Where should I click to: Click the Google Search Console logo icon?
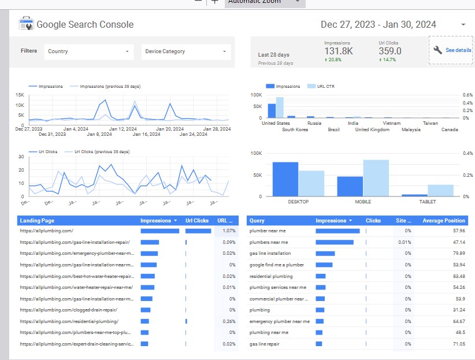[x=27, y=24]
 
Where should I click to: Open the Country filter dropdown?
[x=88, y=51]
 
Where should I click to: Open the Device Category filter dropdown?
[x=185, y=51]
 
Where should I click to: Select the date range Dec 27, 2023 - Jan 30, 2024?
[x=378, y=24]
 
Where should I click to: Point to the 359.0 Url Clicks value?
[x=390, y=51]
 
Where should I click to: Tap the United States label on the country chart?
[x=276, y=123]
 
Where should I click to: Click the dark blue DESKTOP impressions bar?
[x=285, y=179]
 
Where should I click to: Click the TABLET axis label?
[x=428, y=202]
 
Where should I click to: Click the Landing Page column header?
[x=37, y=221]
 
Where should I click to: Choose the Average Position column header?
[x=443, y=221]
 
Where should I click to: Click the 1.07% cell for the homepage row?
[x=228, y=231]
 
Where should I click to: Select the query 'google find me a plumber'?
[x=276, y=265]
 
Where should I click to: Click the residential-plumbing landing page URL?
[x=69, y=321]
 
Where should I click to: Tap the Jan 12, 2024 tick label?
[x=123, y=129]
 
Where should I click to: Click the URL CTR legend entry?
[x=325, y=86]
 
